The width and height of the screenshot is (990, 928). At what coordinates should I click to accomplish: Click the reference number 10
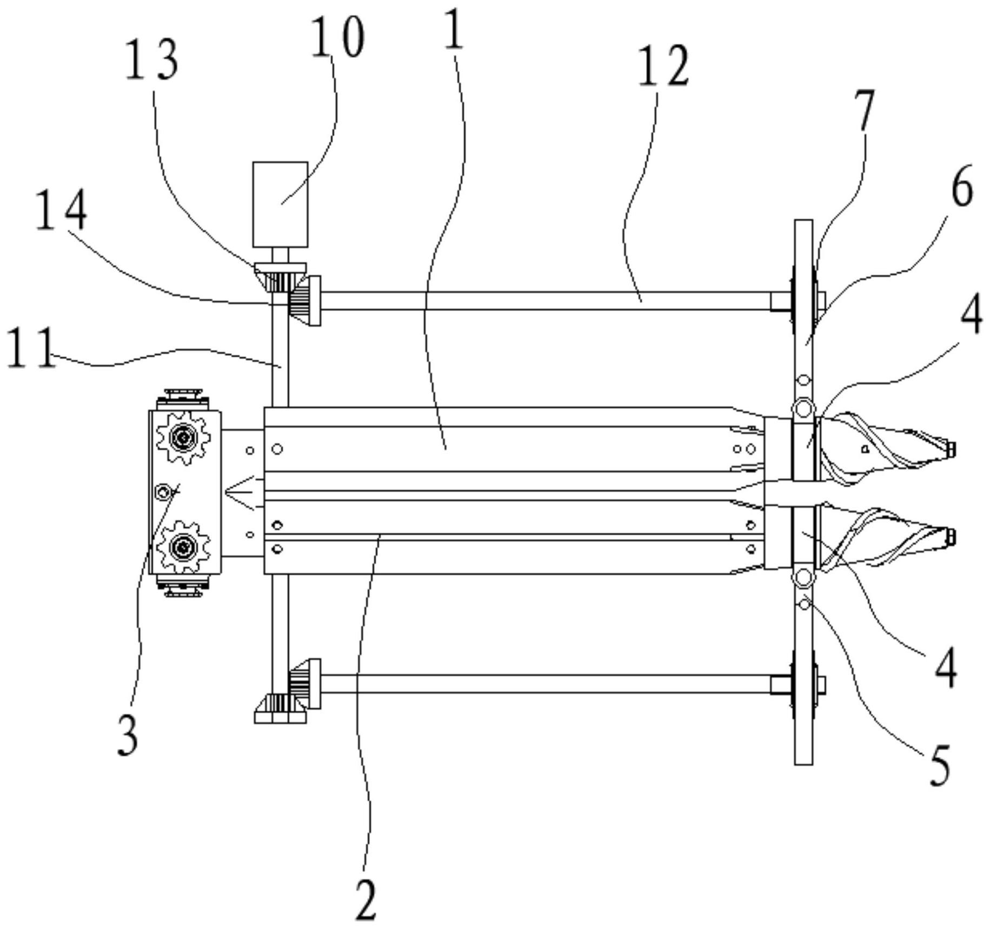[x=337, y=36]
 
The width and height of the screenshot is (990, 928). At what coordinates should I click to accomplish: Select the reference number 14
[x=61, y=211]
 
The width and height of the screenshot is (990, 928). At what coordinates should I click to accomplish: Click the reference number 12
[x=663, y=66]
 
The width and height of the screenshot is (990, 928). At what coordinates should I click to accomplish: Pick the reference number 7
[x=865, y=110]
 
